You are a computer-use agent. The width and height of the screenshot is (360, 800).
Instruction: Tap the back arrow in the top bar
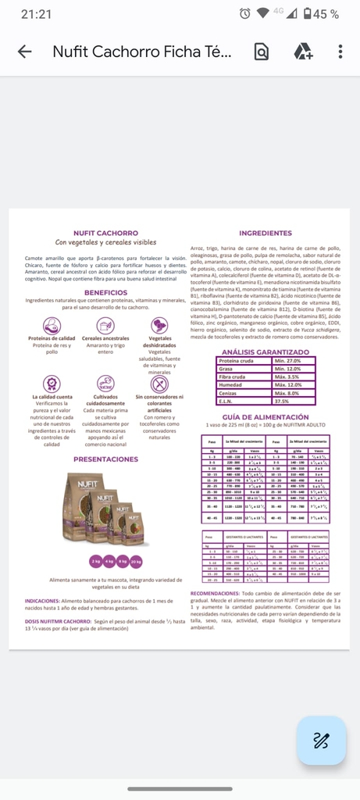(24, 52)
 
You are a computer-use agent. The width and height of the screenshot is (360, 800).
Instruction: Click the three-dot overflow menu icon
(340, 52)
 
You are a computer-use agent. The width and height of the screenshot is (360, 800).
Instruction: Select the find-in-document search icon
(262, 52)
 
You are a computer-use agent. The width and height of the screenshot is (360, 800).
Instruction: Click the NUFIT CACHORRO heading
(105, 233)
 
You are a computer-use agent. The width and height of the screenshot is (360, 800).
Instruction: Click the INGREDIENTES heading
(266, 233)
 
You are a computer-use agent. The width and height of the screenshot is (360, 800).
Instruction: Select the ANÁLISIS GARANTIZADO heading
(266, 352)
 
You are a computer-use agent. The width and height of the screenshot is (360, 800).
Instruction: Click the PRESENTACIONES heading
(105, 459)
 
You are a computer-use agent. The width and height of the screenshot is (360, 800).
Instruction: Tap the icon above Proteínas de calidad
(52, 325)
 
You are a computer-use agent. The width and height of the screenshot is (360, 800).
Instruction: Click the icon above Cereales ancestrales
(105, 325)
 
